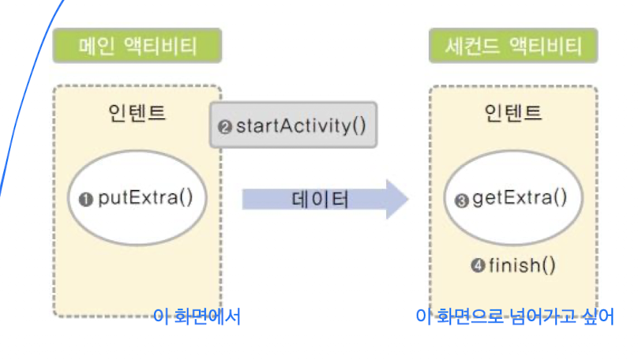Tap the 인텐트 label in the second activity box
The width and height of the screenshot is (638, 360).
coord(513,113)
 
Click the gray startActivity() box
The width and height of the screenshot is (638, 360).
coord(292,125)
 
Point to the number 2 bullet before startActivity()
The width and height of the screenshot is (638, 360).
coord(225,126)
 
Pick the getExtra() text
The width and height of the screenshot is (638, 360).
coord(520,197)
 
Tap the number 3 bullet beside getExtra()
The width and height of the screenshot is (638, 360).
coord(462,199)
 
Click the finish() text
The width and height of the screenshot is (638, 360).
coord(522,265)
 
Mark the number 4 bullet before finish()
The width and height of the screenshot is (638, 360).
coord(477,266)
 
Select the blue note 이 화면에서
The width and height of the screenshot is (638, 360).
coord(197,317)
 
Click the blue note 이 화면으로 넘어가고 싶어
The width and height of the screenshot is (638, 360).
coord(514,317)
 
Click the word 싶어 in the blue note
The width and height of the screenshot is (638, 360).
coord(598,317)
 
